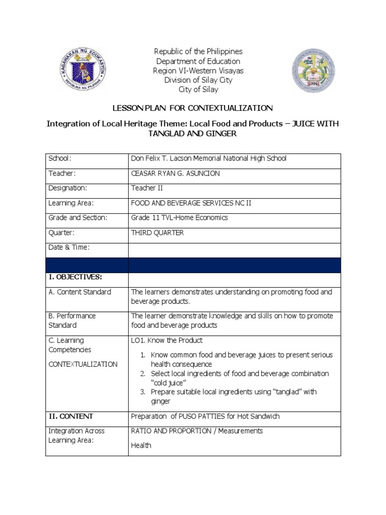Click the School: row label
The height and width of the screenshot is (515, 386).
[x=60, y=158]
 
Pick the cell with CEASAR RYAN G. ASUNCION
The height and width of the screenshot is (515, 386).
[x=175, y=174]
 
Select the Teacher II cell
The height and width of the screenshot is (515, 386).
[x=147, y=188]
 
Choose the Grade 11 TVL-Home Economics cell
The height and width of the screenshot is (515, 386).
[x=179, y=218]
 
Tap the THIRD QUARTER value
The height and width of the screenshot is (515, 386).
[x=157, y=233]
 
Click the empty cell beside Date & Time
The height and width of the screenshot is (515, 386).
[x=235, y=247]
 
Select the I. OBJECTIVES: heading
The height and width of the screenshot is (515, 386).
[x=75, y=277]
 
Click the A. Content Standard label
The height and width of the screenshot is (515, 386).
[x=79, y=292]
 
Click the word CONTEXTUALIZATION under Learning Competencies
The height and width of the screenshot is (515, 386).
[x=83, y=364]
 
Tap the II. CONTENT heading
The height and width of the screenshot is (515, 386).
[x=71, y=416]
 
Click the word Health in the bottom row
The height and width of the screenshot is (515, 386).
[x=141, y=446]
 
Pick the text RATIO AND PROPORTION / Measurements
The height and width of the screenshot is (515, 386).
[x=197, y=431]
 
